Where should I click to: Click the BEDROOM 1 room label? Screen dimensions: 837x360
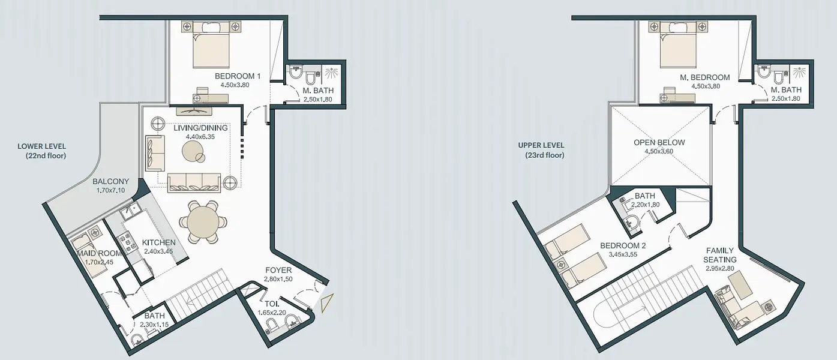(237, 76)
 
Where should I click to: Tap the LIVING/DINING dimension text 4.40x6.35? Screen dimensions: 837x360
(200, 137)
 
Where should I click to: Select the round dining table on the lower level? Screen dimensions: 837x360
(203, 221)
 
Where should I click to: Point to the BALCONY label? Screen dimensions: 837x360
(110, 181)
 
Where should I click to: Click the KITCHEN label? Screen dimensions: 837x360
(159, 242)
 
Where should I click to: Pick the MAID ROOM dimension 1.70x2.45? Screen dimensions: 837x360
(99, 262)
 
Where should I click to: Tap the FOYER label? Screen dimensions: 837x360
(278, 270)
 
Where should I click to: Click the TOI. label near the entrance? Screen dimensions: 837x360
(271, 304)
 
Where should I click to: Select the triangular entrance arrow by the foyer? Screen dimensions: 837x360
(327, 303)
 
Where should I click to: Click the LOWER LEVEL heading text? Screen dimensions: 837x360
(42, 146)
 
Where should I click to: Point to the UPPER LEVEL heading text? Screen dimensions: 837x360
(541, 145)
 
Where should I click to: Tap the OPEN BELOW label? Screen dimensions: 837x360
(659, 142)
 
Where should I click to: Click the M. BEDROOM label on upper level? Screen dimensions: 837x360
(705, 77)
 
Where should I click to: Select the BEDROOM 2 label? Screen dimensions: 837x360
(623, 245)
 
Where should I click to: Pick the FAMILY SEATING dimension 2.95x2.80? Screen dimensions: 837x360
(720, 268)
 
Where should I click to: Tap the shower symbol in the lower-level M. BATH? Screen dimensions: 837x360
(331, 73)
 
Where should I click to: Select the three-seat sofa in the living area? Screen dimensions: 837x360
(194, 183)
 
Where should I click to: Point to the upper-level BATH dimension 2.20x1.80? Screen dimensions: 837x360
(646, 205)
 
